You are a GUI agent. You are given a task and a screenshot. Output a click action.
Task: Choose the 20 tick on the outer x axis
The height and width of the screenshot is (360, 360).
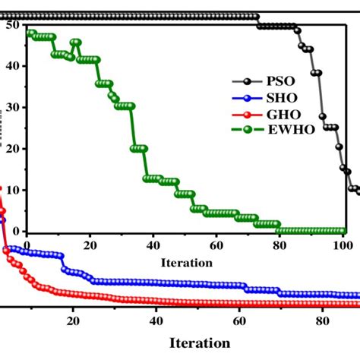tap(74, 321)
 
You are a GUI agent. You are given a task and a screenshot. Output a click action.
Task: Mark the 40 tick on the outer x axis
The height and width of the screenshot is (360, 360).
tap(156, 321)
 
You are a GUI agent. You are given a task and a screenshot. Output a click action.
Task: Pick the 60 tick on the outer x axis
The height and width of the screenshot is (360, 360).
tap(239, 321)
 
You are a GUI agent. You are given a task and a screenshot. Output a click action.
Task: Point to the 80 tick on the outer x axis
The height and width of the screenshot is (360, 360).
tap(322, 321)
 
